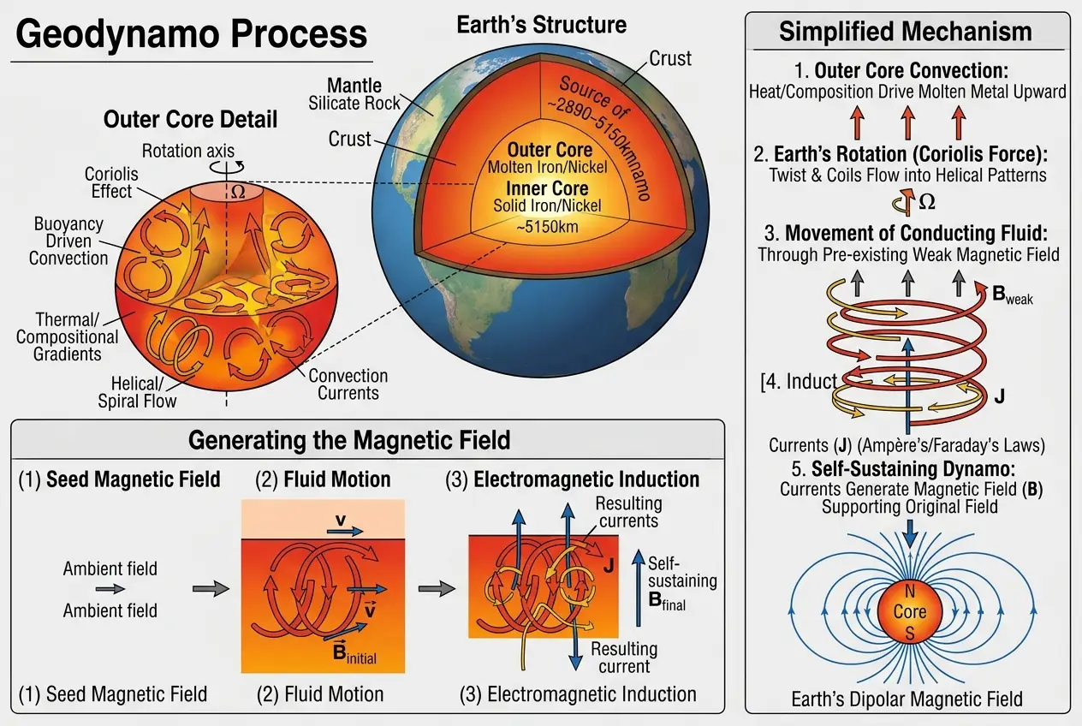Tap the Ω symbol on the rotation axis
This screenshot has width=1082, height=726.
(238, 193)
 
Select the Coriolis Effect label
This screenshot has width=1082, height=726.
(111, 181)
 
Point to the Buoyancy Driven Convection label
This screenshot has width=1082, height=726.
(68, 241)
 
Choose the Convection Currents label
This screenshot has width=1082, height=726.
(348, 384)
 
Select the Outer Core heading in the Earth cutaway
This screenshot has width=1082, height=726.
(549, 151)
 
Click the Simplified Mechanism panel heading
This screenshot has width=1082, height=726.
(905, 33)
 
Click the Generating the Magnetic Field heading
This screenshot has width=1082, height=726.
(348, 440)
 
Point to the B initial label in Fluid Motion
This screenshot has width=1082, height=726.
(353, 654)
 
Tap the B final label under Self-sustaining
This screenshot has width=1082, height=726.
(666, 601)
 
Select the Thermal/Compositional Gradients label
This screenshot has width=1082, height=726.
(67, 337)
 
